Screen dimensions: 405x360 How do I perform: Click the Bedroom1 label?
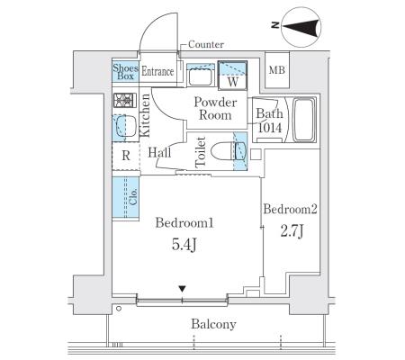[184, 223]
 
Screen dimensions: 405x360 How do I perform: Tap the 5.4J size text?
[184, 245]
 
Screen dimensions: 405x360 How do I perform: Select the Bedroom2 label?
[290, 209]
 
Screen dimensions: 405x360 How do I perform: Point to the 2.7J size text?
[292, 231]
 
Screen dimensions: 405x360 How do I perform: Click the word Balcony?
[213, 324]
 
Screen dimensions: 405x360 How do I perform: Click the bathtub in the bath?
[303, 120]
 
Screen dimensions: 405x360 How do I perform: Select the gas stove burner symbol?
[124, 100]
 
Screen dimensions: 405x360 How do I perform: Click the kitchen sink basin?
[126, 127]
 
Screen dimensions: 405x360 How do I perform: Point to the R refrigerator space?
[126, 156]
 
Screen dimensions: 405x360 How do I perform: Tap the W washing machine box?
[232, 76]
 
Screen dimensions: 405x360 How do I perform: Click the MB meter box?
[276, 70]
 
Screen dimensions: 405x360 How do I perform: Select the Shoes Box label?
[125, 72]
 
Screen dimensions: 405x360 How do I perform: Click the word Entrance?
[157, 71]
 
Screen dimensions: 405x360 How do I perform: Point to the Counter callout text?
[206, 44]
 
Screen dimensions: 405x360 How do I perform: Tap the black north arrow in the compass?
[300, 27]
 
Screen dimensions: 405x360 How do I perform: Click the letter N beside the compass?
[275, 25]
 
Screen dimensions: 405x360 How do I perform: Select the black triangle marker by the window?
[182, 289]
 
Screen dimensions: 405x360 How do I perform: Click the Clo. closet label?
[133, 196]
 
